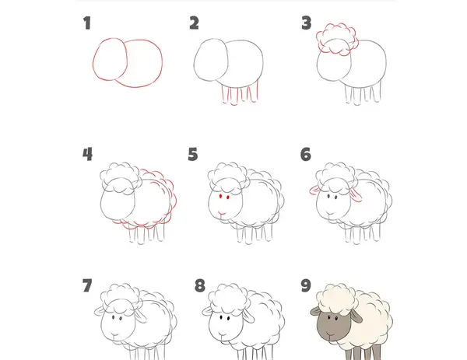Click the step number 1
[x=87, y=23]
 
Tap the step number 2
[x=194, y=23]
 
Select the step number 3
[x=306, y=23]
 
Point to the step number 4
[x=87, y=154]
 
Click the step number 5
[x=193, y=154]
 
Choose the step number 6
[x=306, y=154]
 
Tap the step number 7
[x=87, y=285]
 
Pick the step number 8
[x=200, y=285]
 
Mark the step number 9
[x=306, y=285]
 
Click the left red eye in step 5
[x=221, y=197]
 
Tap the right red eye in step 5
[x=228, y=197]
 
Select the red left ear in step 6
[x=314, y=190]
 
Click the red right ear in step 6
[x=356, y=195]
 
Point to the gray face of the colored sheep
[x=333, y=326]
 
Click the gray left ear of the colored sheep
[x=315, y=311]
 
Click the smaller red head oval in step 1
[x=93, y=60]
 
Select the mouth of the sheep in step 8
[x=222, y=335]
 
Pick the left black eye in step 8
[x=221, y=317]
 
